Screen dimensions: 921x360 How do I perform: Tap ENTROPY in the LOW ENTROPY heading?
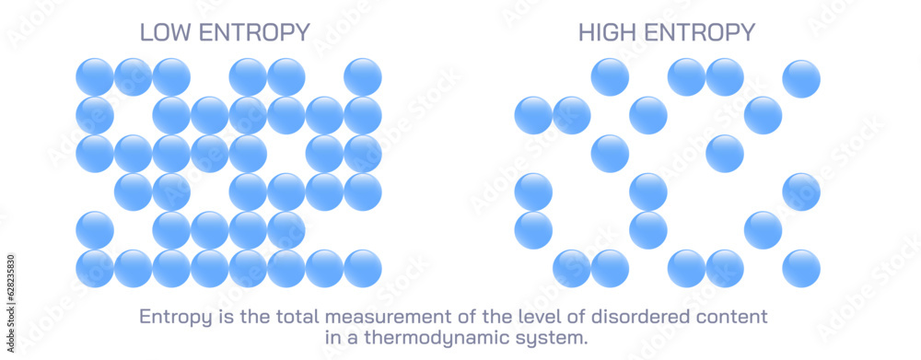254,32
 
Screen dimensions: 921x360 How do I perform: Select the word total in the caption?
274,317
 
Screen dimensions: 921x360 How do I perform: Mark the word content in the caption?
732,317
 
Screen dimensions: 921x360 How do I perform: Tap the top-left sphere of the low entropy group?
95,77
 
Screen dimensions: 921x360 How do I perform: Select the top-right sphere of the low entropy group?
363,77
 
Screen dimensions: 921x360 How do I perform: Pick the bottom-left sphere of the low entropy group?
95,268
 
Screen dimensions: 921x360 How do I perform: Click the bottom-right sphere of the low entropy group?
363,268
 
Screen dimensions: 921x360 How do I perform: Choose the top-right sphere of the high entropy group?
801,78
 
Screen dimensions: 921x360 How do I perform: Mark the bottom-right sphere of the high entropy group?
801,268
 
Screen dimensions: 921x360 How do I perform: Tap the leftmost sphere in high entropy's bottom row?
572,268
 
